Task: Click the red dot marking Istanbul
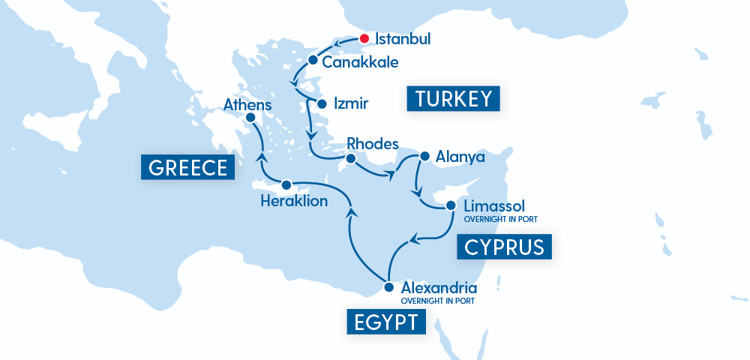[364, 38]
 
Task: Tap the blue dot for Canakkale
[313, 60]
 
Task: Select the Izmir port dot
[322, 103]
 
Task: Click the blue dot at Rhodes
[349, 158]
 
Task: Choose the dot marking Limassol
[451, 205]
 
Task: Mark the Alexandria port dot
[388, 287]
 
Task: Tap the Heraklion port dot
[286, 184]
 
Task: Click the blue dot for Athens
[250, 118]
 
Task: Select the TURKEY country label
[454, 99]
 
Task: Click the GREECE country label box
[187, 167]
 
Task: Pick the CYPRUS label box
[504, 247]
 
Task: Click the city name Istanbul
[403, 39]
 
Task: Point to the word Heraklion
[293, 201]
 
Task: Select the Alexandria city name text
[439, 287]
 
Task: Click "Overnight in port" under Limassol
[500, 219]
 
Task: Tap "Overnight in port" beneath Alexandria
[438, 301]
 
